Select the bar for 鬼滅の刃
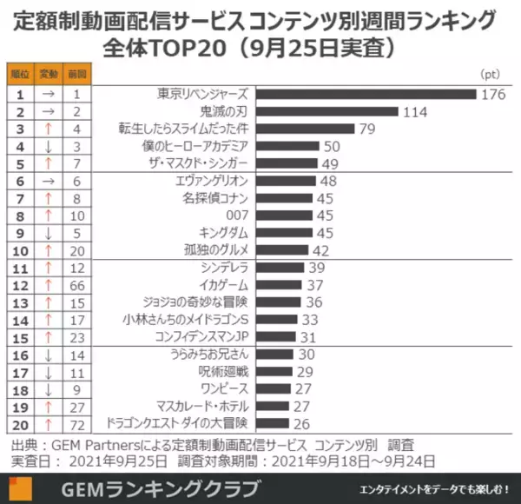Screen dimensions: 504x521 click(326, 111)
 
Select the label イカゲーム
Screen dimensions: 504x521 click(223, 285)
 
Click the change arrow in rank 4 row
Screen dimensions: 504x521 click(48, 146)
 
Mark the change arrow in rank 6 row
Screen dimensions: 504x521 click(48, 181)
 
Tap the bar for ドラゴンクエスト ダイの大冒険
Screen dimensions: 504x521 click(275, 423)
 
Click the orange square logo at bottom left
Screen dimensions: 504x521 click(18, 487)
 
